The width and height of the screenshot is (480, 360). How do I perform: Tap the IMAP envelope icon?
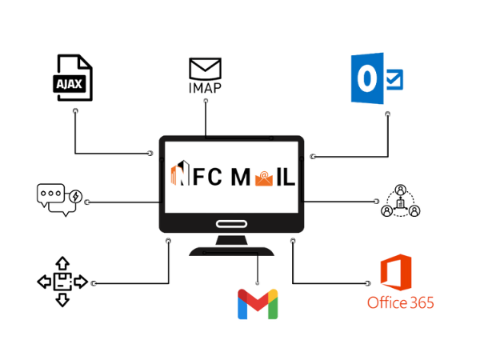click(x=205, y=67)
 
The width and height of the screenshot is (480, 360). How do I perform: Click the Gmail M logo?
click(x=257, y=304)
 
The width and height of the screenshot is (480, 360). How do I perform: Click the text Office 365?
click(x=401, y=302)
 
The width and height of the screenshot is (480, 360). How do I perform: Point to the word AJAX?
click(x=70, y=82)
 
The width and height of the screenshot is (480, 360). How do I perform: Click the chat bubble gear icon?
click(x=59, y=199)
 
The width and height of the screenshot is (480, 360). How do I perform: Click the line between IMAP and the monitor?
click(x=205, y=112)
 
